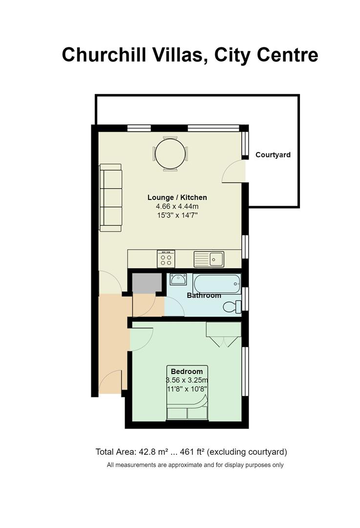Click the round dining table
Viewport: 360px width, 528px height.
170,154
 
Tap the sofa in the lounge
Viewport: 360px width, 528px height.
110,198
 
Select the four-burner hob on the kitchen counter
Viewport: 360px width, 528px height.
166,259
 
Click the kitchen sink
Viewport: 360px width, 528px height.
209,259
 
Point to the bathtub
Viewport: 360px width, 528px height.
217,284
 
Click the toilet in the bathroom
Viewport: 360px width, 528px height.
233,307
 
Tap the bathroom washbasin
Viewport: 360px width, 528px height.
178,279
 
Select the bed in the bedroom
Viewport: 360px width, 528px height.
188,393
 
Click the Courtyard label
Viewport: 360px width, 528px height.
273,155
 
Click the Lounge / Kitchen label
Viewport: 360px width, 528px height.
177,198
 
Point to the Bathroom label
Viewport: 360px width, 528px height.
204,296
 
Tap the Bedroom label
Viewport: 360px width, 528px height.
187,372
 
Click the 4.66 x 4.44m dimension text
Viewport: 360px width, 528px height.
177,206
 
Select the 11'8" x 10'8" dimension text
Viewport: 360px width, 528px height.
187,389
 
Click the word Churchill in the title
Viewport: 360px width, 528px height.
104,55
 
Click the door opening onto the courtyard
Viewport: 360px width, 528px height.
234,172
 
